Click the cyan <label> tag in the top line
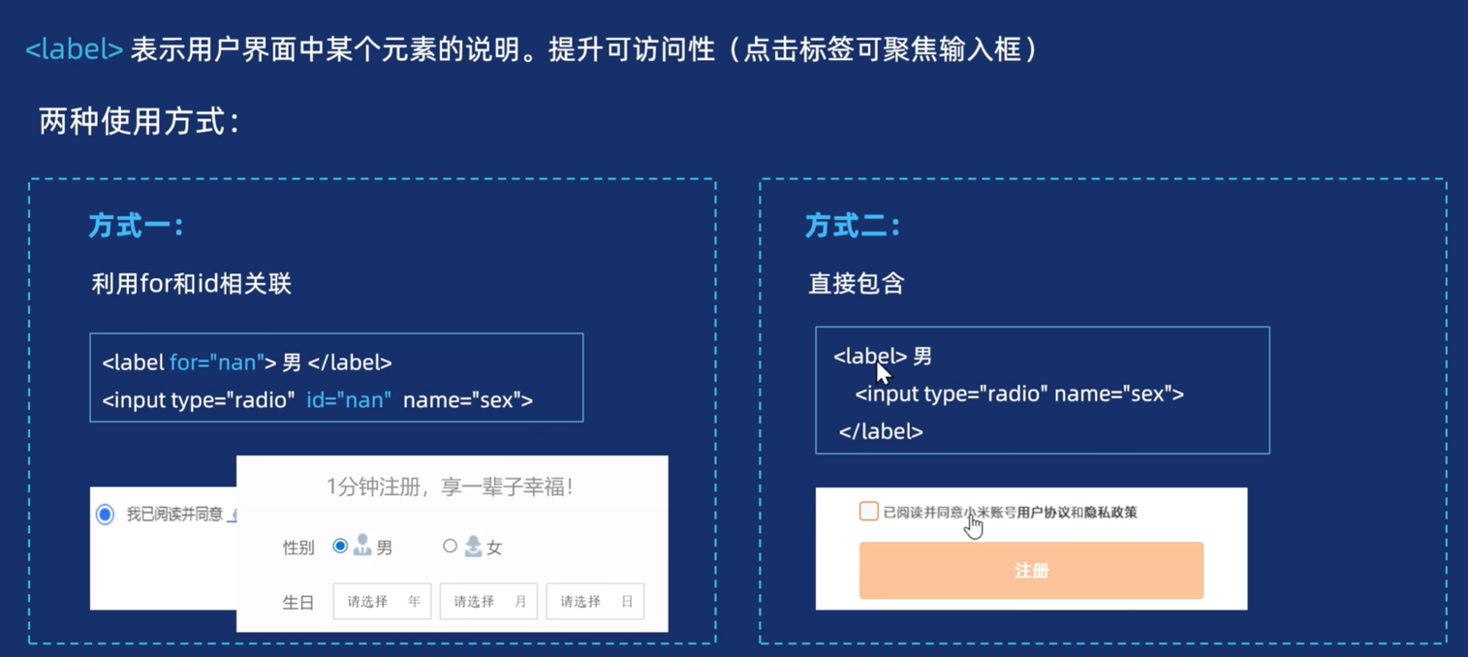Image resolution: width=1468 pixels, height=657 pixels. tap(74, 49)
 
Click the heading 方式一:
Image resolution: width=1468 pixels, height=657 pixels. tap(136, 226)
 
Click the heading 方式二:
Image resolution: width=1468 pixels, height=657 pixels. tap(853, 226)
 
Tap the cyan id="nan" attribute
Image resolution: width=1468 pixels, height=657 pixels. tap(349, 400)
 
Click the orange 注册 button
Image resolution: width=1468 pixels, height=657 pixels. tap(1031, 571)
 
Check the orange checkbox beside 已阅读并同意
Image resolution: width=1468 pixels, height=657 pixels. tap(868, 511)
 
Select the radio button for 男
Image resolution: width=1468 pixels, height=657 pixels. tap(340, 547)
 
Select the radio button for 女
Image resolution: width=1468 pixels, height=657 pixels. tap(450, 547)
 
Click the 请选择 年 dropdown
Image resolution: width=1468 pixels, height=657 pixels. tap(382, 602)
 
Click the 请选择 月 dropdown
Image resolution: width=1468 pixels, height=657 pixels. tap(488, 602)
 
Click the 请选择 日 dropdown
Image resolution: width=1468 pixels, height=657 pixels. tap(595, 602)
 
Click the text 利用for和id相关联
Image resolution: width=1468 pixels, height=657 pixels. tap(191, 284)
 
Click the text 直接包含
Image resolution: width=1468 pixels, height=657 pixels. tap(857, 284)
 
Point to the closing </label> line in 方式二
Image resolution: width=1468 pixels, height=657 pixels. tap(881, 432)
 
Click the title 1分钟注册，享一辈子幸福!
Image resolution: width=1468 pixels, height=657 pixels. tap(450, 486)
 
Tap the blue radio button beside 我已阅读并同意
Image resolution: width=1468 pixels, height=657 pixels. tap(105, 515)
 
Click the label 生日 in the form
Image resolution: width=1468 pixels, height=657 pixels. tap(297, 603)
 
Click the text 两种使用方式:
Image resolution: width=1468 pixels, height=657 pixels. tap(139, 122)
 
